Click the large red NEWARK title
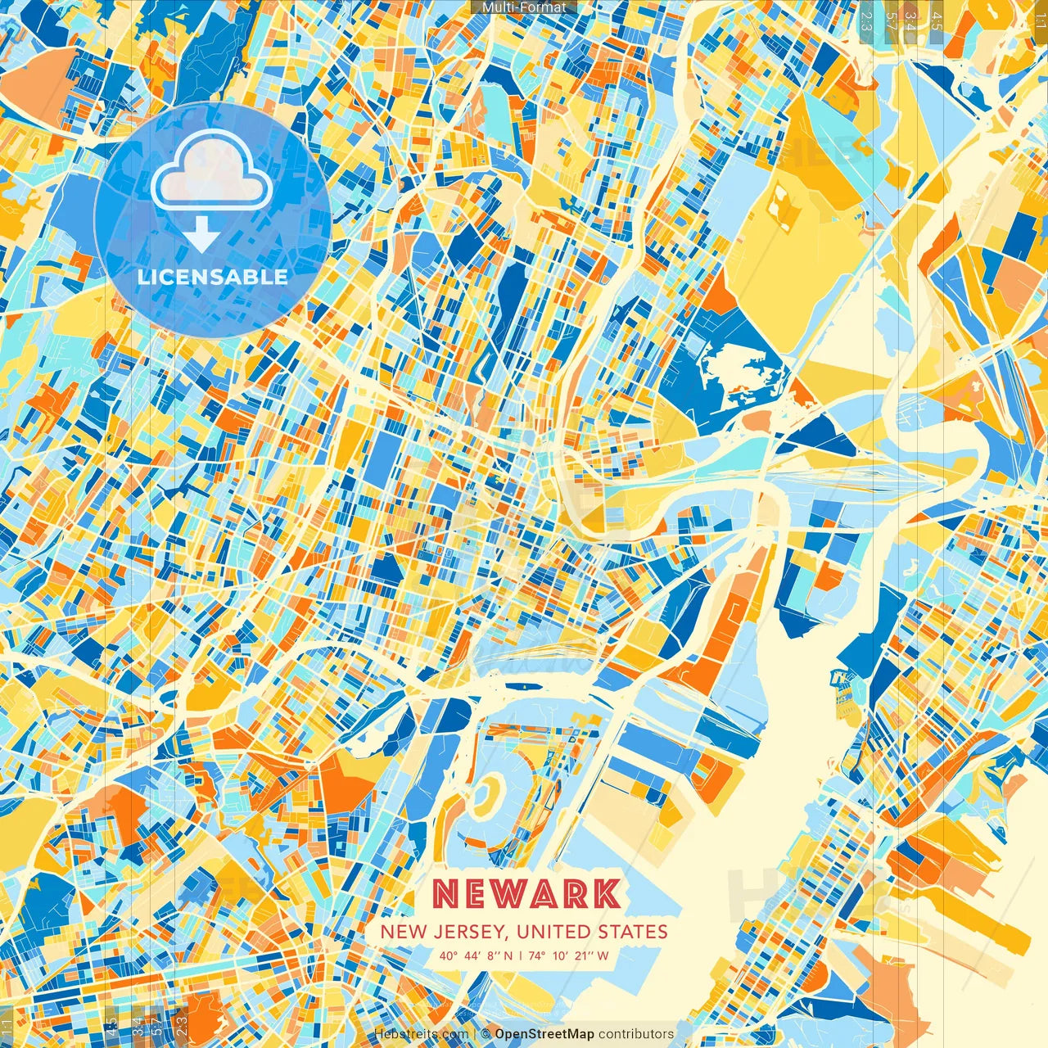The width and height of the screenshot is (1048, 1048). (525, 894)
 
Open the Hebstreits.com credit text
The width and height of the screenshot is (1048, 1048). (421, 1034)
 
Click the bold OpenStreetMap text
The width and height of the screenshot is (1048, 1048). (544, 1034)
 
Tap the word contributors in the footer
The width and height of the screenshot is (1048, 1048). (636, 1034)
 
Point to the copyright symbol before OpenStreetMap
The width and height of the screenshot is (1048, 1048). (486, 1034)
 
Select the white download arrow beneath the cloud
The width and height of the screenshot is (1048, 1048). (201, 237)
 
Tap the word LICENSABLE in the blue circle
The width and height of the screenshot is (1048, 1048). (212, 277)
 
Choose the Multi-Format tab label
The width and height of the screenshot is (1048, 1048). (524, 7)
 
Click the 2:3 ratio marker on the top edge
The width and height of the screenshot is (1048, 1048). (866, 20)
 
